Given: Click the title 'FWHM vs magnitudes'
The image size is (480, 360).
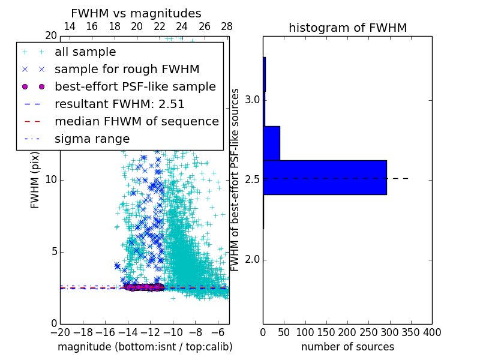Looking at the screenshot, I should [x=136, y=14].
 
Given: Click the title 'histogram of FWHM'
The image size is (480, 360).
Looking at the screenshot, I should [x=347, y=28].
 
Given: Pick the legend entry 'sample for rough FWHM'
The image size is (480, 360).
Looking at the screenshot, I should [x=127, y=69].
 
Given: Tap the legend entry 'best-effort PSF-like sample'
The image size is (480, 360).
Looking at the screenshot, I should [x=135, y=86].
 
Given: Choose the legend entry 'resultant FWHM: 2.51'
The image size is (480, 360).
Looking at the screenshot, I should [x=119, y=104].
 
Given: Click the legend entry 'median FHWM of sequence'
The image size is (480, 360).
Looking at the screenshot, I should [x=136, y=121].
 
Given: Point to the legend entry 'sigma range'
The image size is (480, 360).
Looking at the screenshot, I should [x=92, y=139].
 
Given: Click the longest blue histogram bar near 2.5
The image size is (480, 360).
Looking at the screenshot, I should [x=325, y=178].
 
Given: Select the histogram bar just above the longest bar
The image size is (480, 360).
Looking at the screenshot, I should [x=271, y=143].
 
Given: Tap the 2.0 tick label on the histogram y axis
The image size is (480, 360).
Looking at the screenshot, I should [x=252, y=260].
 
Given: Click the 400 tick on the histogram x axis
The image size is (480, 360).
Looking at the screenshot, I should [x=432, y=332].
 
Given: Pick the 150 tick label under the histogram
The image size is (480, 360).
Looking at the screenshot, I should [x=326, y=332].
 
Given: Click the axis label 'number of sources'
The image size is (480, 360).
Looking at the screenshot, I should [x=347, y=347].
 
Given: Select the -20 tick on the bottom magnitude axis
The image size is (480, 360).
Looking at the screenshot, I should [x=60, y=332].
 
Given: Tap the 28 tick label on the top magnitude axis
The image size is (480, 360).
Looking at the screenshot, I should [x=227, y=26].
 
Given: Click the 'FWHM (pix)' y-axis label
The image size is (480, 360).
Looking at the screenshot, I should [x=35, y=180].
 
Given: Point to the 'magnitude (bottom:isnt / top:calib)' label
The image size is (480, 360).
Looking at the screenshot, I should [x=145, y=347].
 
